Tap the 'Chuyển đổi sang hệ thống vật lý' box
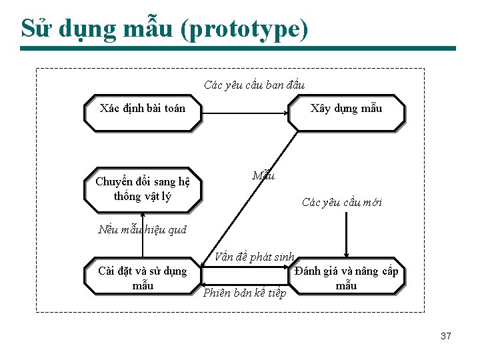142,189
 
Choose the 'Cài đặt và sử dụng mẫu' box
142,277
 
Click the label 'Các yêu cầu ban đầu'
254,85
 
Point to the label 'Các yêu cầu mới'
341,203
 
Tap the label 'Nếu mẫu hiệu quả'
142,230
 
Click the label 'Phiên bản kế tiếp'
245,293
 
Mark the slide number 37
446,336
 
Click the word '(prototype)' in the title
248,29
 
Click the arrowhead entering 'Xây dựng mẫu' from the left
284,113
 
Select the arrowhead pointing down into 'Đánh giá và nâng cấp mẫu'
346,255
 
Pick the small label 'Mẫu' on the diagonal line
263,176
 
